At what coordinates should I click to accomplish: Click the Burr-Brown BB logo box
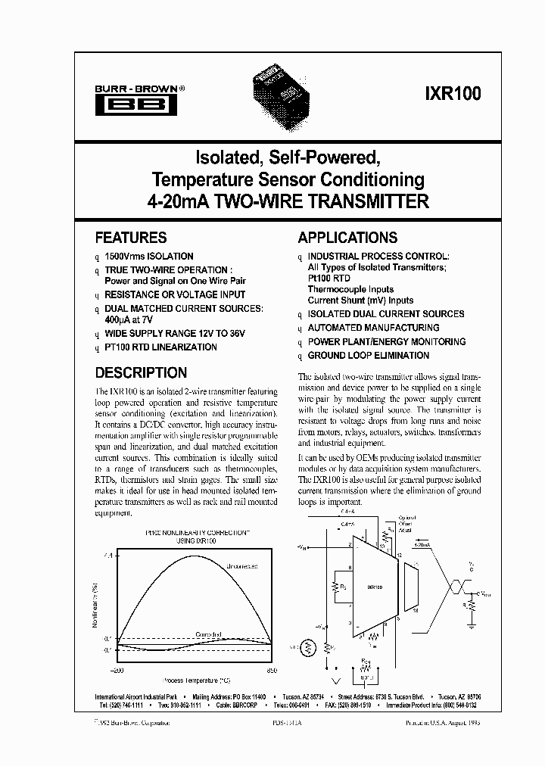139,104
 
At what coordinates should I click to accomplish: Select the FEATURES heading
130,237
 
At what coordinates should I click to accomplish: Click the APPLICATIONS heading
347,237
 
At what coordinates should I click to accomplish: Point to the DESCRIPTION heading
141,372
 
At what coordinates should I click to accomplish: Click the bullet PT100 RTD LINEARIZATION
160,347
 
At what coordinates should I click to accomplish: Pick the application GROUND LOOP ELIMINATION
369,355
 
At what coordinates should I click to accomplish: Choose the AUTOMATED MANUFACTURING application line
373,328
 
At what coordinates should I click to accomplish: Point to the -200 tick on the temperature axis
116,671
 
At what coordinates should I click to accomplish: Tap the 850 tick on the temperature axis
271,671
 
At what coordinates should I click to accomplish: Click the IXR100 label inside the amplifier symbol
375,587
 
